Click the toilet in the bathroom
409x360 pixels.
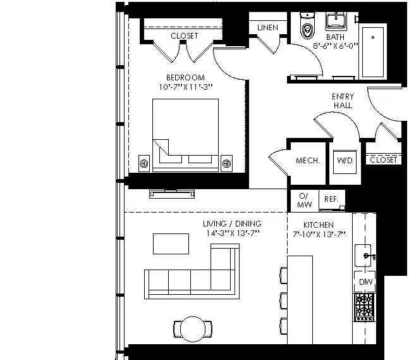(307, 25)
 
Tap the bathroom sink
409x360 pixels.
(336, 21)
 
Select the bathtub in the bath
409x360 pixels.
(373, 51)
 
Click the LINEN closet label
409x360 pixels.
(267, 28)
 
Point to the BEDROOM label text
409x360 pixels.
(185, 78)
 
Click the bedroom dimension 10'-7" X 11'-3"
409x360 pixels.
(186, 87)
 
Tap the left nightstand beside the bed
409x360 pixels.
(144, 163)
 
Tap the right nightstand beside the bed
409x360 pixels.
(226, 163)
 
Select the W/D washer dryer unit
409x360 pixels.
(345, 162)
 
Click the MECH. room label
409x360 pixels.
(308, 161)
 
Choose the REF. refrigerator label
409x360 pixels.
(331, 199)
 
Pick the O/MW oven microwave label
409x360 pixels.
(304, 200)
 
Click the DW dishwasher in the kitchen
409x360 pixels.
(365, 282)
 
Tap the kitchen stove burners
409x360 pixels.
(365, 307)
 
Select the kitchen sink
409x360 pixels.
(363, 256)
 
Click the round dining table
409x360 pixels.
(193, 329)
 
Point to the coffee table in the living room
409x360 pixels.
(171, 244)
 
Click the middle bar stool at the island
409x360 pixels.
(284, 301)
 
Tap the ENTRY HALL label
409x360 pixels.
(343, 101)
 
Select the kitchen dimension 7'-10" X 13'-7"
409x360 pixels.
(319, 234)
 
